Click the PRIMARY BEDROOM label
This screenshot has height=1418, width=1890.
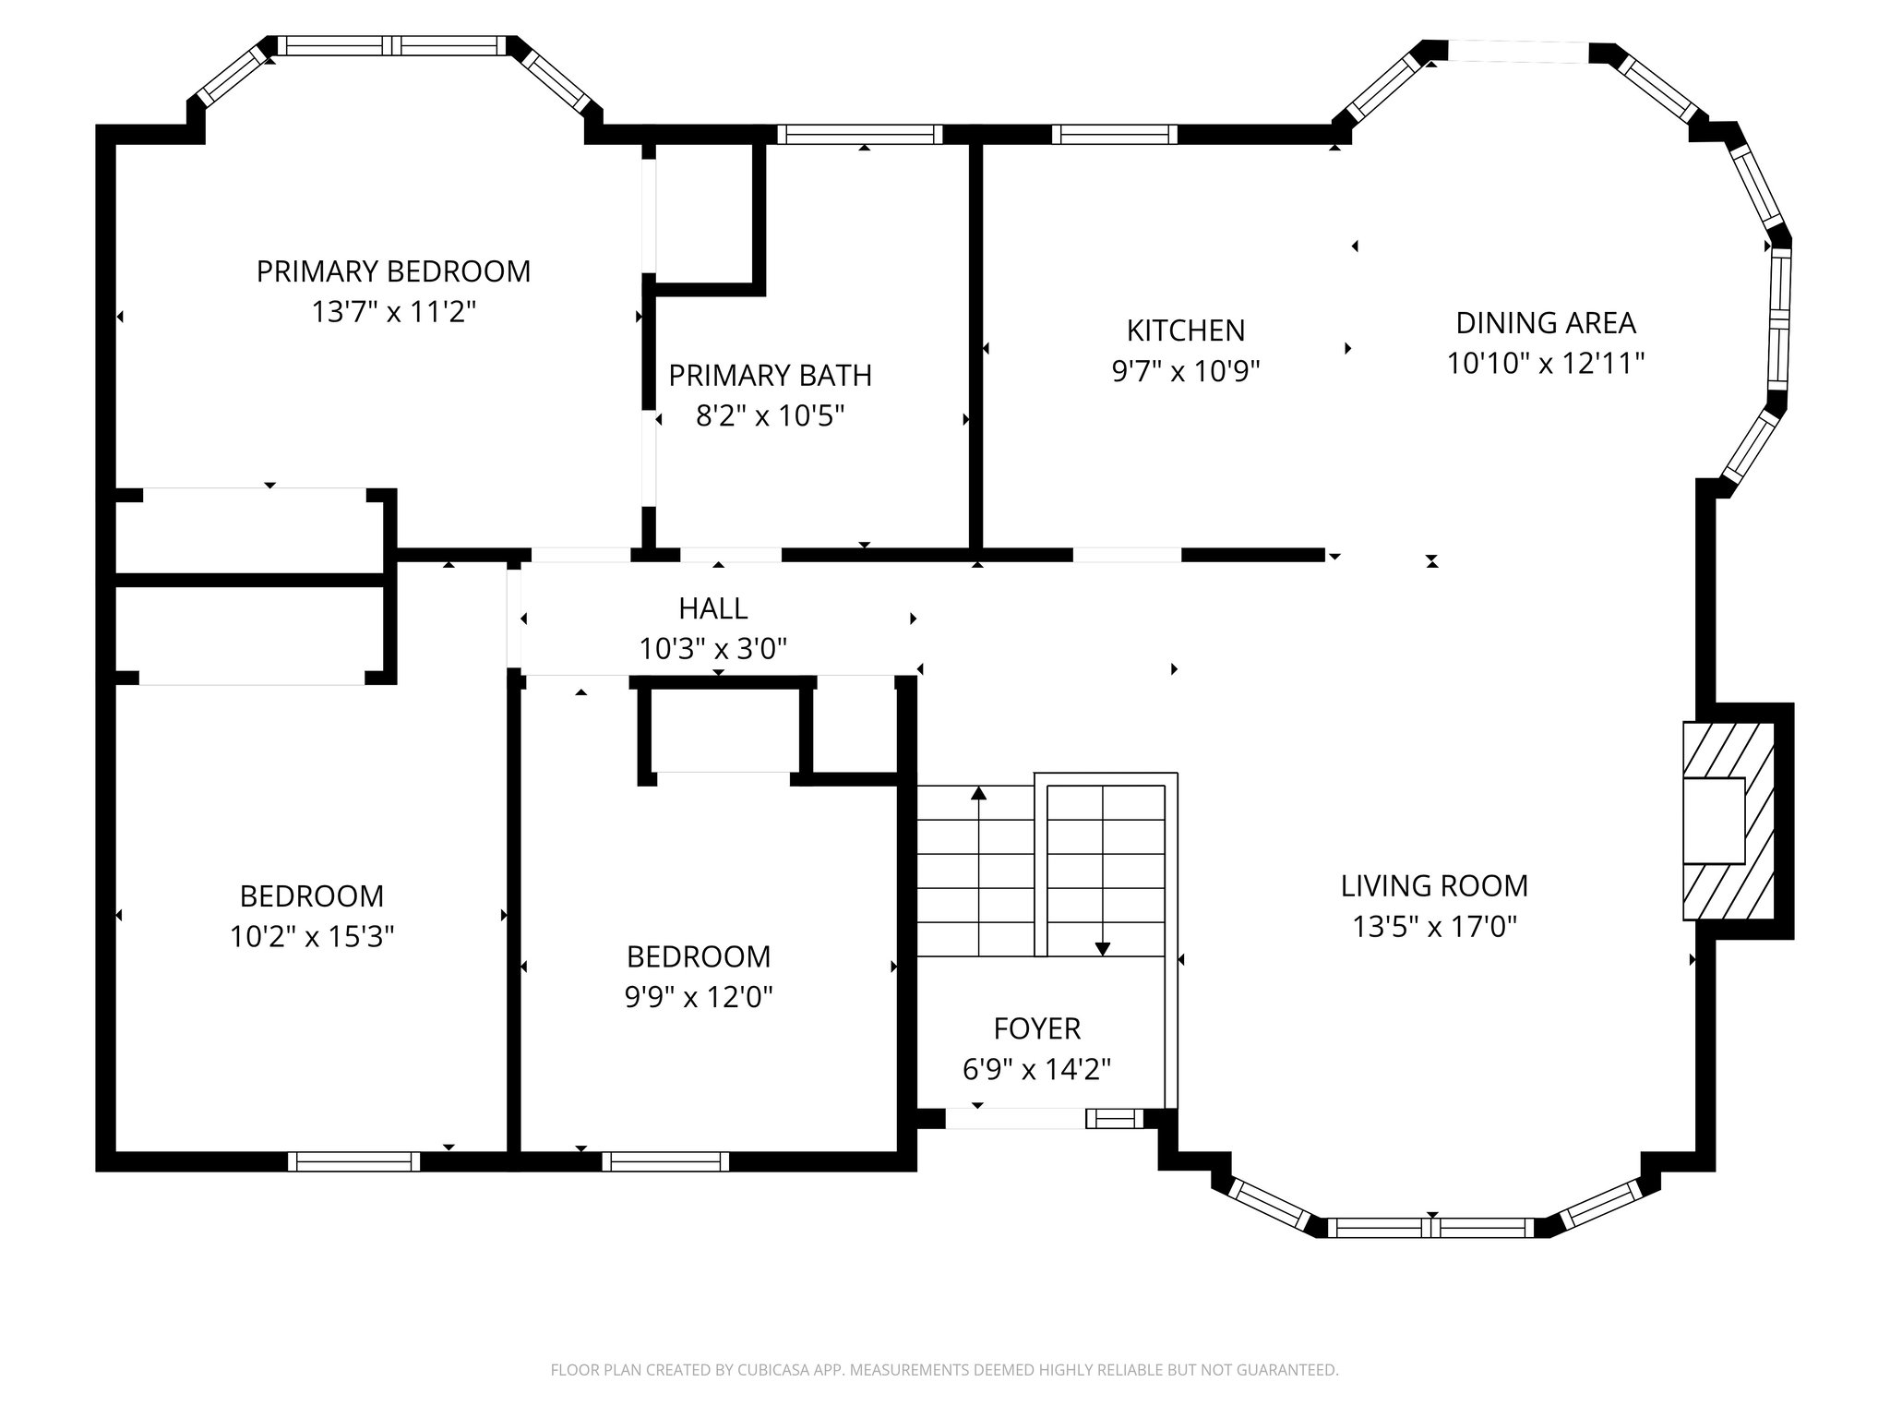click(x=393, y=271)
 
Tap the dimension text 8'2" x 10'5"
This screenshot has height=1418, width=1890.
click(x=770, y=416)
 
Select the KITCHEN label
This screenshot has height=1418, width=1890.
click(x=1185, y=330)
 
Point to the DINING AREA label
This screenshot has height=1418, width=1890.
click(x=1545, y=323)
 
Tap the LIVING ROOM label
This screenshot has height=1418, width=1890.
click(x=1434, y=886)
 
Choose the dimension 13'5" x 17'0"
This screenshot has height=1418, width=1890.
click(x=1434, y=926)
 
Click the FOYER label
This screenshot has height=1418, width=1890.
click(x=1036, y=1028)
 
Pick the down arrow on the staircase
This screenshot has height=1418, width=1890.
click(x=1102, y=947)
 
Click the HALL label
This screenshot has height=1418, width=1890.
click(x=712, y=608)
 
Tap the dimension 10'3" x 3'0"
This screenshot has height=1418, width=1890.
click(x=712, y=649)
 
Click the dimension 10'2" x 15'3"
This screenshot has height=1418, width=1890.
click(x=312, y=937)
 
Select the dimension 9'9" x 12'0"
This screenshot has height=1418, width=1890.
click(x=699, y=997)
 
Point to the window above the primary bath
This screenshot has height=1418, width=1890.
click(x=859, y=135)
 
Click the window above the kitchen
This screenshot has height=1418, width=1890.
click(x=1114, y=135)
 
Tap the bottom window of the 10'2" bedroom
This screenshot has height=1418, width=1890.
click(x=353, y=1161)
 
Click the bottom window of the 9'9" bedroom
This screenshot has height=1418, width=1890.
click(x=665, y=1161)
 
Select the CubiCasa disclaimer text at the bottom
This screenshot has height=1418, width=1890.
click(x=944, y=1370)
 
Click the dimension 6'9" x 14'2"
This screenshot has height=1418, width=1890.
click(x=1036, y=1070)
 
